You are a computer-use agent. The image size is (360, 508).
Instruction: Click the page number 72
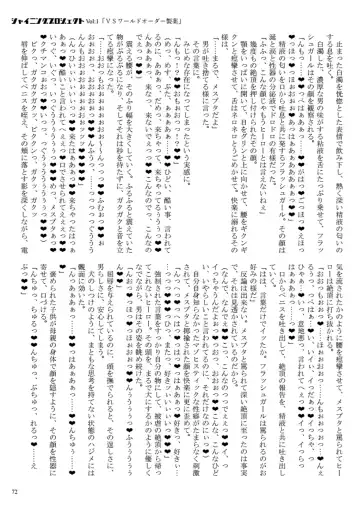[x=21, y=492]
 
